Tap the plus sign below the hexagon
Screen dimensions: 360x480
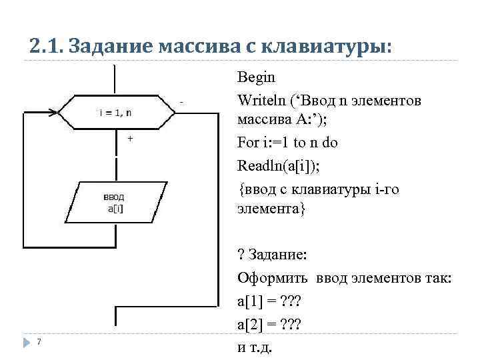pos(129,138)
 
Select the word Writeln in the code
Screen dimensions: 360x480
pos(261,101)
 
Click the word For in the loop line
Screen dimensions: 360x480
pos(247,143)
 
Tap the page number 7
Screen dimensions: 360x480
pos(39,342)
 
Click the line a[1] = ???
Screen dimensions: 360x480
pos(269,301)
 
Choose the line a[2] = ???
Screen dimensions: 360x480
pos(269,324)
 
